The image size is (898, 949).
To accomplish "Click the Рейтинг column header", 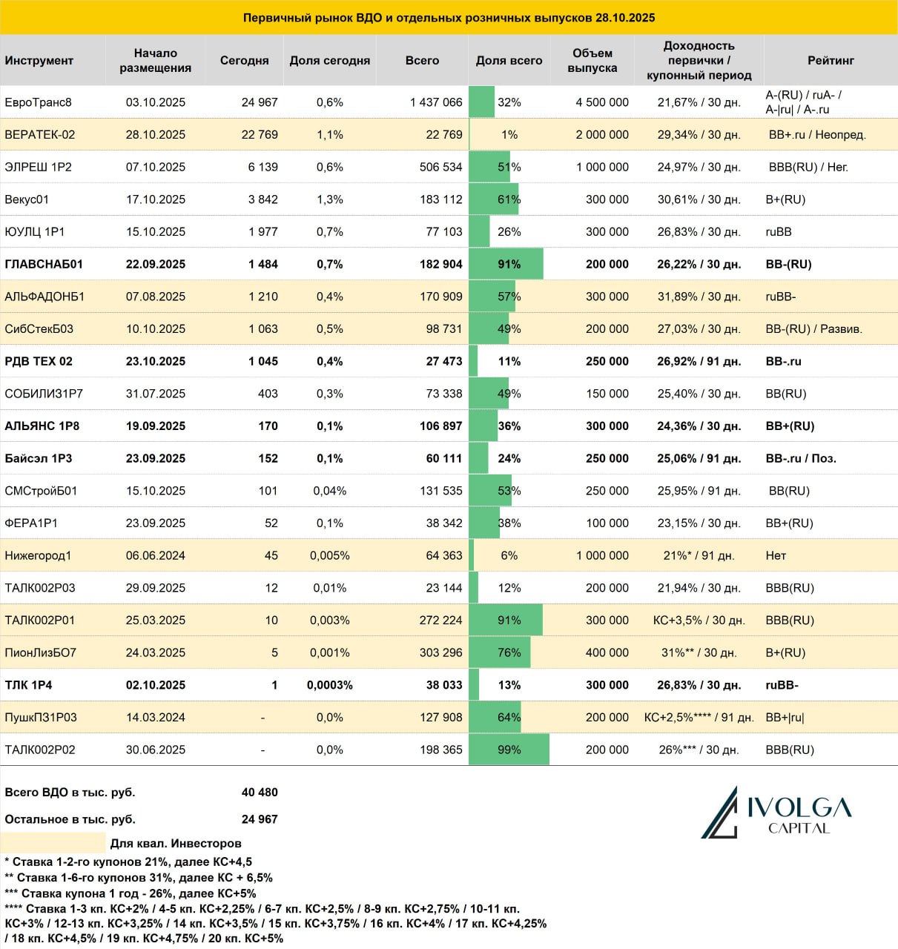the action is tap(831, 60).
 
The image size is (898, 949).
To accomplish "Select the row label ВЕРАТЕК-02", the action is tap(40, 135).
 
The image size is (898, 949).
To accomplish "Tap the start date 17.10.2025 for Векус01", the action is tap(156, 199).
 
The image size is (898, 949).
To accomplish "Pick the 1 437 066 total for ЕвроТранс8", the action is tap(436, 102).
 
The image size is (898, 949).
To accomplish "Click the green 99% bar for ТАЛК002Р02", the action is tap(509, 750).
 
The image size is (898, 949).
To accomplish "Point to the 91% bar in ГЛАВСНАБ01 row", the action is tap(506, 264).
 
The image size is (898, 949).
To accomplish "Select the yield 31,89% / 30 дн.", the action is tap(699, 297).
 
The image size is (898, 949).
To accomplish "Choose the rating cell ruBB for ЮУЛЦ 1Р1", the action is tap(779, 232).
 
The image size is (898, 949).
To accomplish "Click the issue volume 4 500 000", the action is tap(602, 102).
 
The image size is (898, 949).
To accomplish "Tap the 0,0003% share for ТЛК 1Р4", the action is tap(330, 685).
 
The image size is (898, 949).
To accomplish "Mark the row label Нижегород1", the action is tap(38, 555).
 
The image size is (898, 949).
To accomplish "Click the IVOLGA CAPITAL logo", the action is tap(776, 813).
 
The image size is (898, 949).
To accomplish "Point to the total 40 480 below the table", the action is tap(260, 792).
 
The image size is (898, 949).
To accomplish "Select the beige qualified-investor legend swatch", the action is tap(53, 843).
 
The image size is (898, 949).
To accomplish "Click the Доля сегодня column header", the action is tap(330, 60).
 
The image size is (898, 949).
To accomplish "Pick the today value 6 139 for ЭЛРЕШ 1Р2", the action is tap(263, 167).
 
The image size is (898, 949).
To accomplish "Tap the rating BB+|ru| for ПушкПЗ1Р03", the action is tap(785, 717).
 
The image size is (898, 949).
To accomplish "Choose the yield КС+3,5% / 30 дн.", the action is tap(699, 621).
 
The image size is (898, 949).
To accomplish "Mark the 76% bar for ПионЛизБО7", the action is tap(500, 652).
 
